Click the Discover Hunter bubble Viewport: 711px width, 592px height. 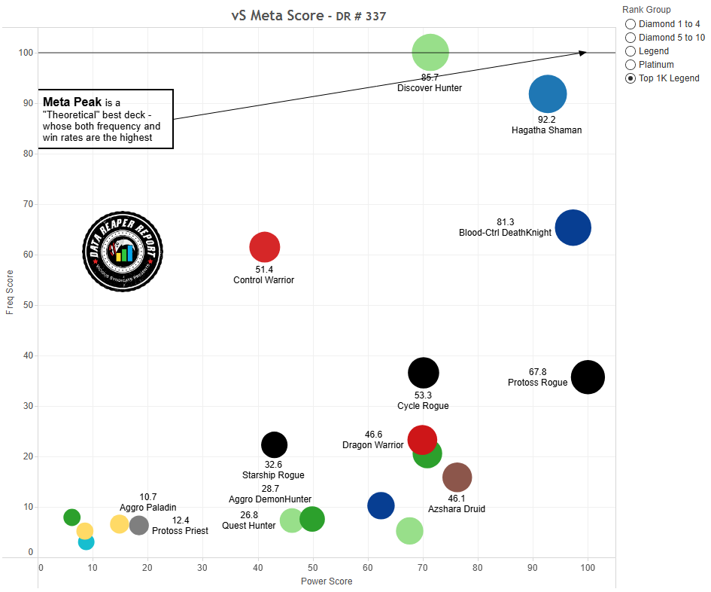tap(430, 53)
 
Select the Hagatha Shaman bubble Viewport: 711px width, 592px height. tap(548, 94)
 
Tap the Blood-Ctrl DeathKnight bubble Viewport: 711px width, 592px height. tap(573, 227)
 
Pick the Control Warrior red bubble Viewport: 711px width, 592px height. tap(264, 246)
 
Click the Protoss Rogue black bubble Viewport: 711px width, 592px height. tap(588, 377)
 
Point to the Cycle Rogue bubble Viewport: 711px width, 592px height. tap(424, 372)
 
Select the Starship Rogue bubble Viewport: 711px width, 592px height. tap(275, 445)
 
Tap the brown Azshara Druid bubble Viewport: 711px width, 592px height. tap(457, 477)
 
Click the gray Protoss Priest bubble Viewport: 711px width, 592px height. tap(139, 525)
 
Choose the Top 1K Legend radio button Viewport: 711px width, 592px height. tap(630, 78)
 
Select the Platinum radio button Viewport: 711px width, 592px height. tap(630, 65)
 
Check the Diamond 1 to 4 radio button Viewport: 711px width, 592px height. tap(630, 24)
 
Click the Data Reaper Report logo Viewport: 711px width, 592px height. tap(123, 250)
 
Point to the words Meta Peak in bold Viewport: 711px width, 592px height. tap(73, 102)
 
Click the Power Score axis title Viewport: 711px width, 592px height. tap(327, 581)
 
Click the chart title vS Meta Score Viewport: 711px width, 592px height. tap(277, 16)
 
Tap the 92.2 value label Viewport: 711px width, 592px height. tap(546, 119)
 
